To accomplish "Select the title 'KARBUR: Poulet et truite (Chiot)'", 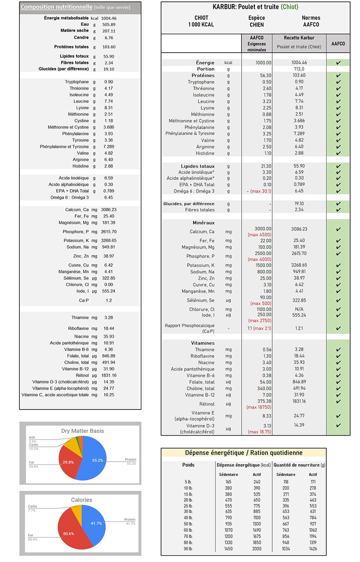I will (x=255, y=7).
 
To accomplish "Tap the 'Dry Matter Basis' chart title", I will (x=80, y=431).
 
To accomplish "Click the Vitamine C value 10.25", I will (x=109, y=395).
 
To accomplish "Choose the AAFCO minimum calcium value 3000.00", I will (x=263, y=229).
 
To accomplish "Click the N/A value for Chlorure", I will (x=299, y=309).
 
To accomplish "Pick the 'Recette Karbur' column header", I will (x=299, y=38).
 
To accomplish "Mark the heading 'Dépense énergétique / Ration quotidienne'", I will (x=244, y=453).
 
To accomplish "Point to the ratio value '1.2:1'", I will (x=299, y=328).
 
